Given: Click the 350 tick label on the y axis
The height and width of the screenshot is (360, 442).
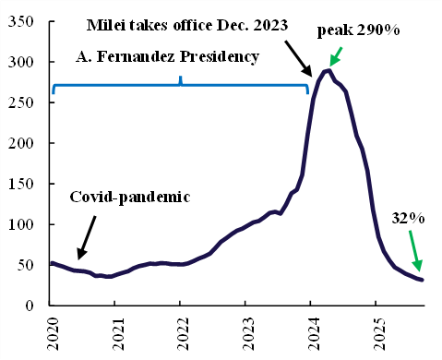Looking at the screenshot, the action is coord(20,21).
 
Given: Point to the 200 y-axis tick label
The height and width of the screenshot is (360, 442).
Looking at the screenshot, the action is coord(20,143).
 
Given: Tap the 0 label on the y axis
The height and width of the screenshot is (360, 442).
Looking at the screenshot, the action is coord(30,306).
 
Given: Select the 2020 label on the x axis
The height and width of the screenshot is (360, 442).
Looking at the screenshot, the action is coord(54,333).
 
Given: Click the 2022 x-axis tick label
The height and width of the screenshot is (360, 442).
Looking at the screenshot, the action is coord(184,333).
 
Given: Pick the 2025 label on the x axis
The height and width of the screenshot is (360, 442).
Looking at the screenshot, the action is coord(379,333).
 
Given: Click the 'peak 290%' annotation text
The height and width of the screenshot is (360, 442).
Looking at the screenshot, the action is coord(358,30).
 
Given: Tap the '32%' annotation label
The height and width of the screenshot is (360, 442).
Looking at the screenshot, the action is coord(408,218).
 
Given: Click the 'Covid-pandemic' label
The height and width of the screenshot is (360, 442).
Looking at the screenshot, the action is coord(130,198).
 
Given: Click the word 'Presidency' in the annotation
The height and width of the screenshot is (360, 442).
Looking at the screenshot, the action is coord(220,57).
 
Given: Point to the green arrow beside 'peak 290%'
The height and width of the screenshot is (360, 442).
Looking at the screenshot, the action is coord(335,57).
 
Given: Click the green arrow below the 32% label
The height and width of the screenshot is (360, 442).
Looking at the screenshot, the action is coord(414,251).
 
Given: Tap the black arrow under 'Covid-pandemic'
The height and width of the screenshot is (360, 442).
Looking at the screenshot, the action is coord(87,238).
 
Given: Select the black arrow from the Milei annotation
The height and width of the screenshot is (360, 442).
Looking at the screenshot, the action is coord(298,58).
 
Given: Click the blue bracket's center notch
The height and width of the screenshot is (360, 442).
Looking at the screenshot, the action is coord(181,80).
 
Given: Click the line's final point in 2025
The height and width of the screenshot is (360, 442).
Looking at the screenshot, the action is coord(422,280).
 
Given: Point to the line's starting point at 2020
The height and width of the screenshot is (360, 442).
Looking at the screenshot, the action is coord(52,263).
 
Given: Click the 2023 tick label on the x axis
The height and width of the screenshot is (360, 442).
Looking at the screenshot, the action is coord(249,333).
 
